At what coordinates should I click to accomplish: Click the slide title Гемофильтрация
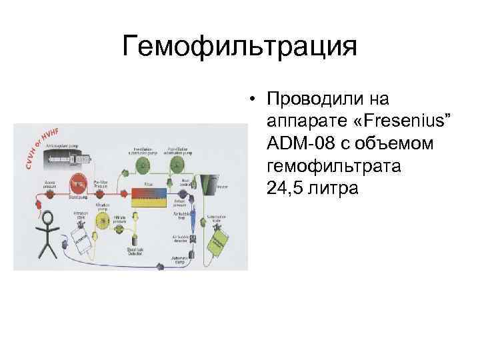point(240,47)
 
